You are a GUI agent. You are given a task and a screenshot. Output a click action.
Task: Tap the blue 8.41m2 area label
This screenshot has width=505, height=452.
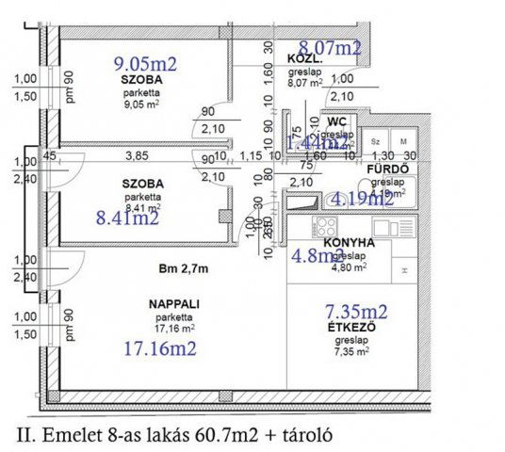pyautogui.click(x=127, y=218)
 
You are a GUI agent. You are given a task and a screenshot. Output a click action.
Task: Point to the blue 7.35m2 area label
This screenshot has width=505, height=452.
pyautogui.click(x=356, y=312)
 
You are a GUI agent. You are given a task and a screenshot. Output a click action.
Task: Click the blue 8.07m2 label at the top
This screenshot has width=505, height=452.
pyautogui.click(x=330, y=46)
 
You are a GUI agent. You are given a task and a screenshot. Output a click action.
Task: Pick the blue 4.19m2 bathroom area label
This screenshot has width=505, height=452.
pyautogui.click(x=362, y=198)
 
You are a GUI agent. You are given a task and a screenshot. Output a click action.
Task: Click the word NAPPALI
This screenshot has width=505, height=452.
pyautogui.click(x=171, y=304)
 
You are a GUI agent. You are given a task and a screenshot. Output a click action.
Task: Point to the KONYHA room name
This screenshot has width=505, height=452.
pyautogui.click(x=350, y=242)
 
